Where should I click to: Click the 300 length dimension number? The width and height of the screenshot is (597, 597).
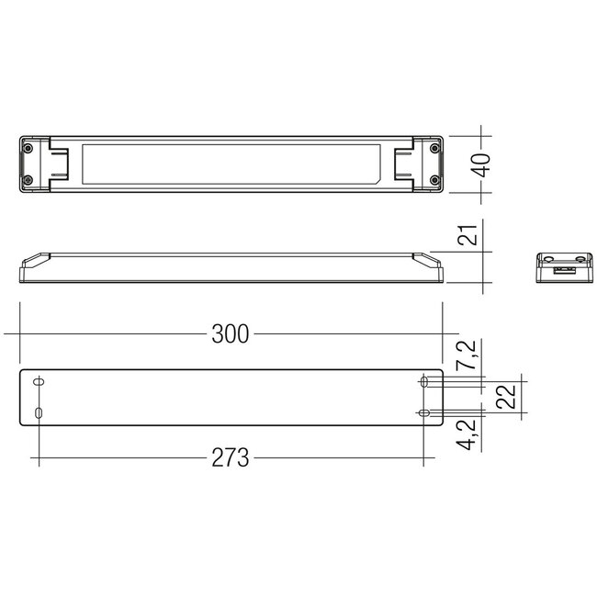pos(230,334)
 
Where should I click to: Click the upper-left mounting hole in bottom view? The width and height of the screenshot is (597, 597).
pos(39,381)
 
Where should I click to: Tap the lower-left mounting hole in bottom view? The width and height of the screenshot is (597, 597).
pos(39,413)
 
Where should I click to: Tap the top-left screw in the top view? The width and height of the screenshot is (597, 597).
pos(28,148)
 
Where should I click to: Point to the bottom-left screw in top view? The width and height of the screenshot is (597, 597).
pos(28,180)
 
